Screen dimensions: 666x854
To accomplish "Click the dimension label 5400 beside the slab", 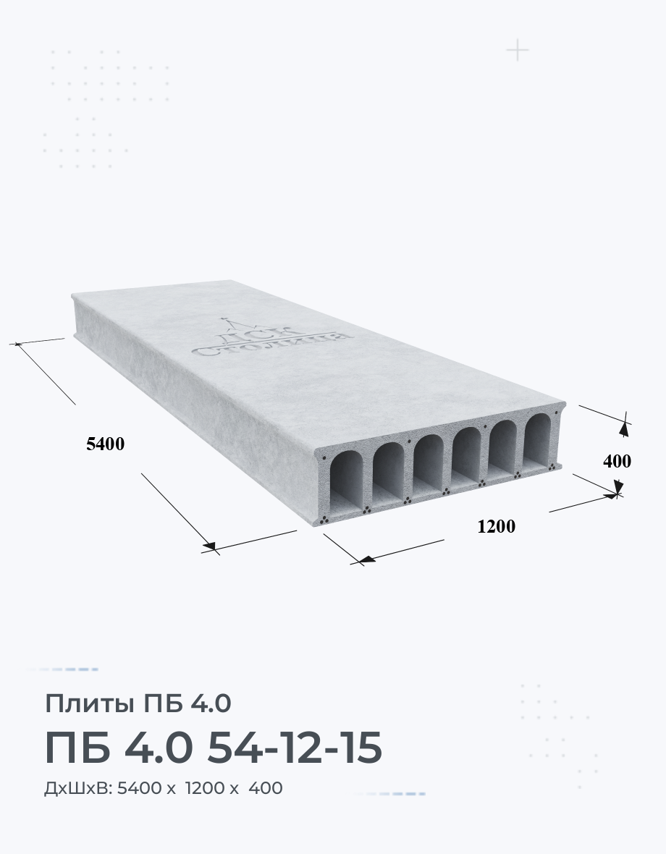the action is point(105,444).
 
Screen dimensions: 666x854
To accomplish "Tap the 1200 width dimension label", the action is point(496,526).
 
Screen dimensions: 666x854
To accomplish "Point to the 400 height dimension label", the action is point(617,461).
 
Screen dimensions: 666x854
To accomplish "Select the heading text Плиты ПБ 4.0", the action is point(138,703).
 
